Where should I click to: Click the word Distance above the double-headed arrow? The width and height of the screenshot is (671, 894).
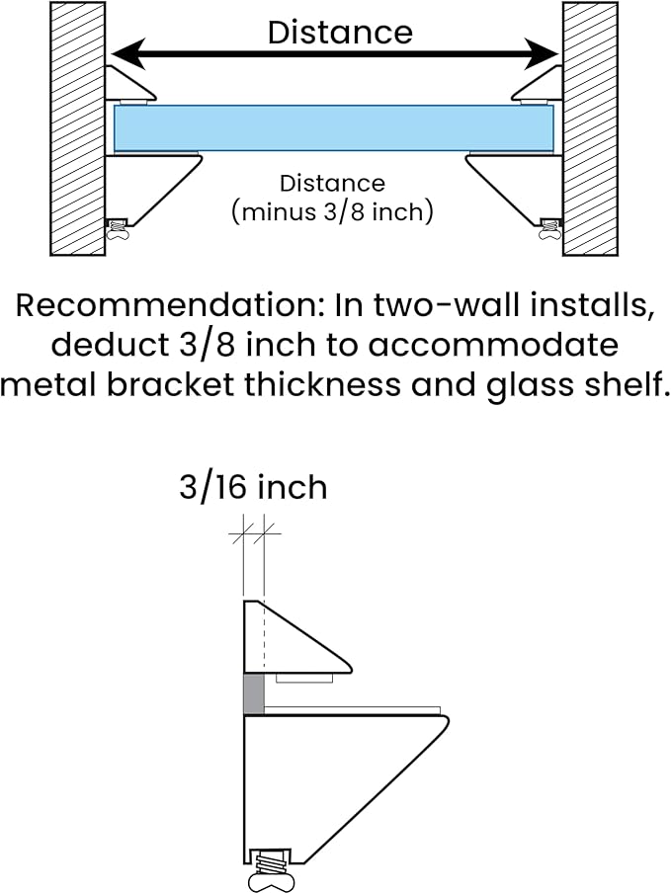coord(340,33)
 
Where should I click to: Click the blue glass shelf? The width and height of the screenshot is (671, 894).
coord(334,128)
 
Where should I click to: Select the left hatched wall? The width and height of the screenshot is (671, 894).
coord(78,128)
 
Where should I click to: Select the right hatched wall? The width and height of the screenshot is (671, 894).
coord(590,128)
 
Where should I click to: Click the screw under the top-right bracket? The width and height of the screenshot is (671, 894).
coord(550,227)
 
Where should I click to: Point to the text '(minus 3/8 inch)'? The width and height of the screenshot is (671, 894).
coord(333,212)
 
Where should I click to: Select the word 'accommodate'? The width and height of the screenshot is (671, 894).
coord(493,345)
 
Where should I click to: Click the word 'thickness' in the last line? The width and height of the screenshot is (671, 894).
coord(323,385)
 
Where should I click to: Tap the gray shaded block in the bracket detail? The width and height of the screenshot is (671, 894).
coord(254,693)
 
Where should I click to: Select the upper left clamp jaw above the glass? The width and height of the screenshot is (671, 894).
coord(131,84)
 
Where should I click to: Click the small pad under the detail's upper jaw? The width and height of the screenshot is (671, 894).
coord(304,678)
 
